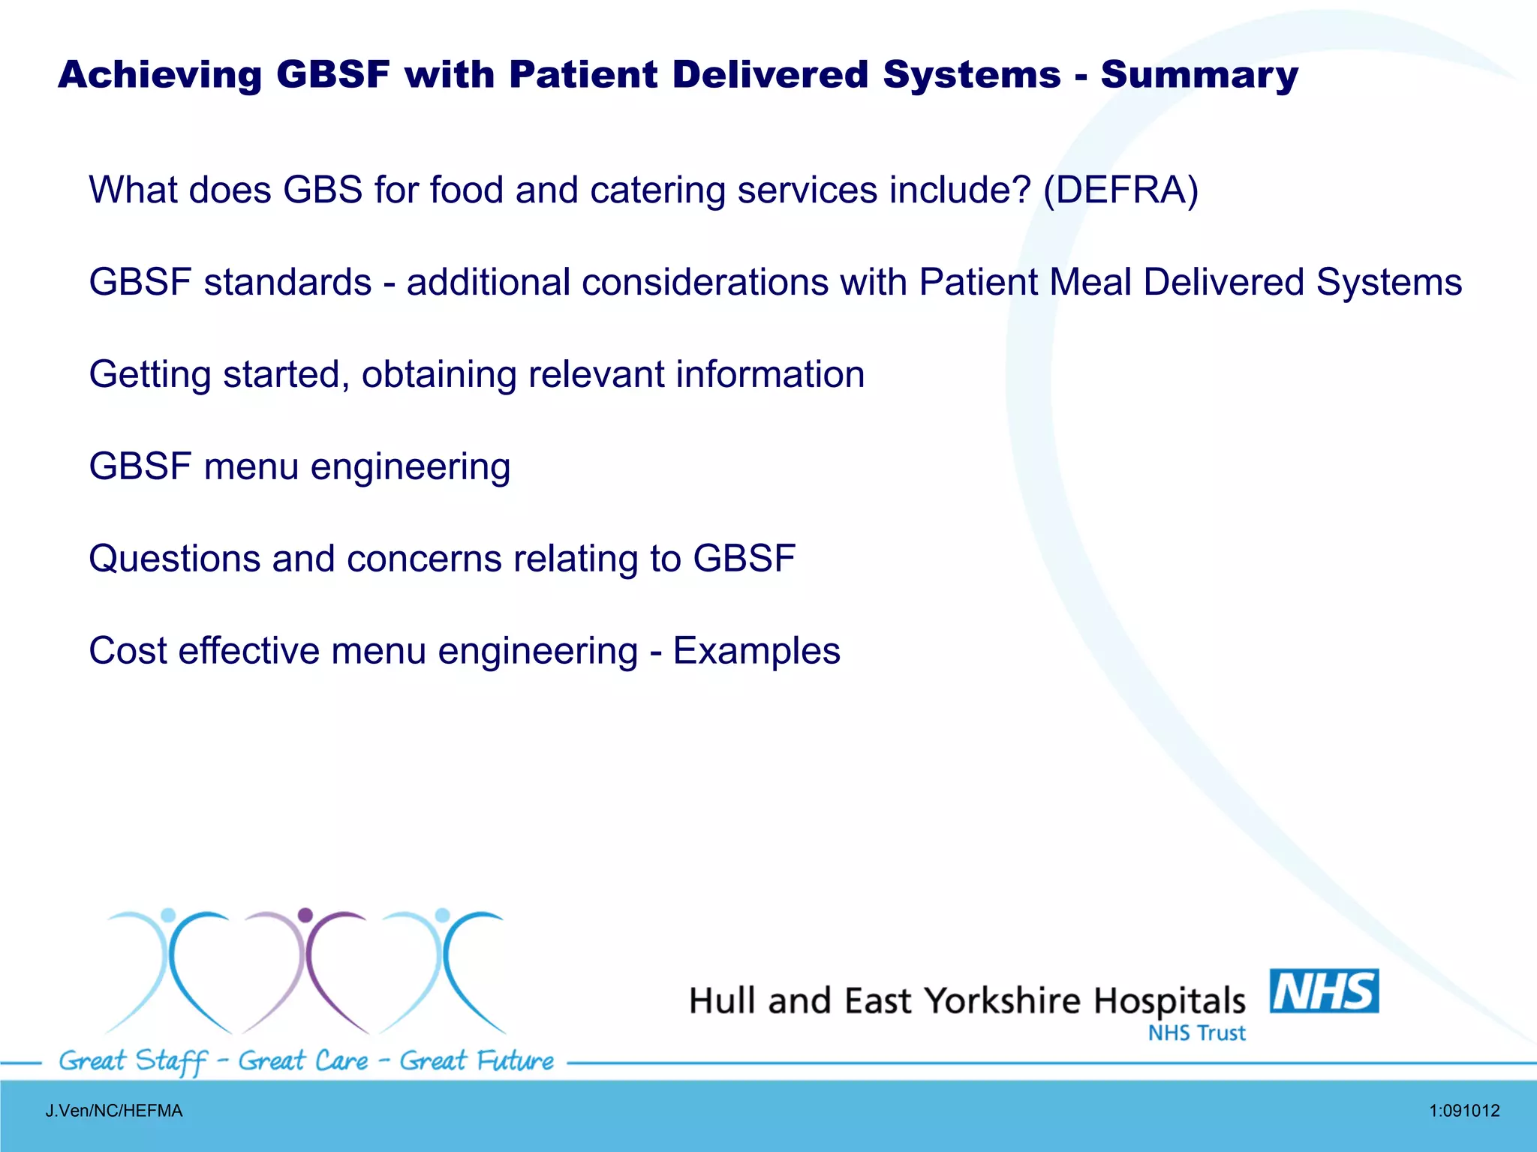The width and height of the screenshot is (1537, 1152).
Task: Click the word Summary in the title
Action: (1199, 75)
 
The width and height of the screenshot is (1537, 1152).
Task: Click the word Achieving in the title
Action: (159, 75)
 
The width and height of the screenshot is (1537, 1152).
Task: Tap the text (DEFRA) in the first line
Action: (1120, 190)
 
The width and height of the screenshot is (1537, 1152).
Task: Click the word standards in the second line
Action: (287, 283)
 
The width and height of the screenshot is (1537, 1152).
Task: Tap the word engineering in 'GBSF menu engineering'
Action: (411, 467)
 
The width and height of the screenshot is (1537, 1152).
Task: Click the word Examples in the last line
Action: (756, 651)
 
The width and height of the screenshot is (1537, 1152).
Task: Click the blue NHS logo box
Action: (1324, 991)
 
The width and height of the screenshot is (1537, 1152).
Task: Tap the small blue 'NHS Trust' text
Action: (1196, 1033)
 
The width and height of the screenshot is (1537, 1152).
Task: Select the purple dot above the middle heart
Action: (305, 915)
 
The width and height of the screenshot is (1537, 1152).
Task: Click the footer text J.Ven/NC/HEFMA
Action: (114, 1111)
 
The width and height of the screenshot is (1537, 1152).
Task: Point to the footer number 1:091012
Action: (1464, 1111)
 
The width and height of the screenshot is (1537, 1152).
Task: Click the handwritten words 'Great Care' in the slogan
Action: (303, 1061)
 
